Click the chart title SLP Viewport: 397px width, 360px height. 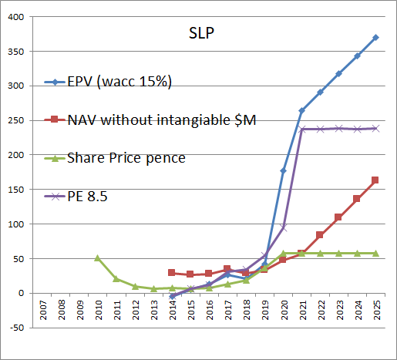(x=201, y=33)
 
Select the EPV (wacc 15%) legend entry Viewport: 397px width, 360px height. (x=108, y=82)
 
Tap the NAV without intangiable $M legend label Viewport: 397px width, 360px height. (x=162, y=120)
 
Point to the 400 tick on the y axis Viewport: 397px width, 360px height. (x=16, y=17)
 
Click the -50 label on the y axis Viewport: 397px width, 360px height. (x=17, y=328)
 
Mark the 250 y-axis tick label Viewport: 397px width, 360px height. (x=16, y=120)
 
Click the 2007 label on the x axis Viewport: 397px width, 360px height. (x=43, y=311)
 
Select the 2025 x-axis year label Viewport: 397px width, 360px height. (x=377, y=311)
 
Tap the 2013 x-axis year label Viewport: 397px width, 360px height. (x=154, y=311)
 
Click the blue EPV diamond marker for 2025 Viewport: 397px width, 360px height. (x=375, y=38)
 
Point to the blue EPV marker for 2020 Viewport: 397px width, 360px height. (x=283, y=170)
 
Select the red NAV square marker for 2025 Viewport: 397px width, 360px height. (x=375, y=180)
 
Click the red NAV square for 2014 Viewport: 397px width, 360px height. (x=172, y=272)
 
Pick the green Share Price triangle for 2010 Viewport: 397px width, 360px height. (x=97, y=258)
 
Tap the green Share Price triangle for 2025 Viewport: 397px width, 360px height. (x=375, y=254)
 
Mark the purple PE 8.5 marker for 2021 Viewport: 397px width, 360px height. (x=302, y=129)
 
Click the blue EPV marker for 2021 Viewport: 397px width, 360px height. (x=301, y=110)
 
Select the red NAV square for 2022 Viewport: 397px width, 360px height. (x=320, y=235)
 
